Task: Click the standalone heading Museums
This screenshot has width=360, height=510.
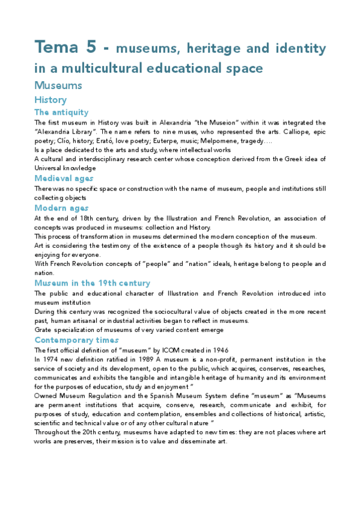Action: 58,85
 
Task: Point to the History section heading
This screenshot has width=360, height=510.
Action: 50,100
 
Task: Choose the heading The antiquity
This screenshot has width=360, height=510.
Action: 61,112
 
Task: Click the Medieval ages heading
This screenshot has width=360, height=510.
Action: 64,179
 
